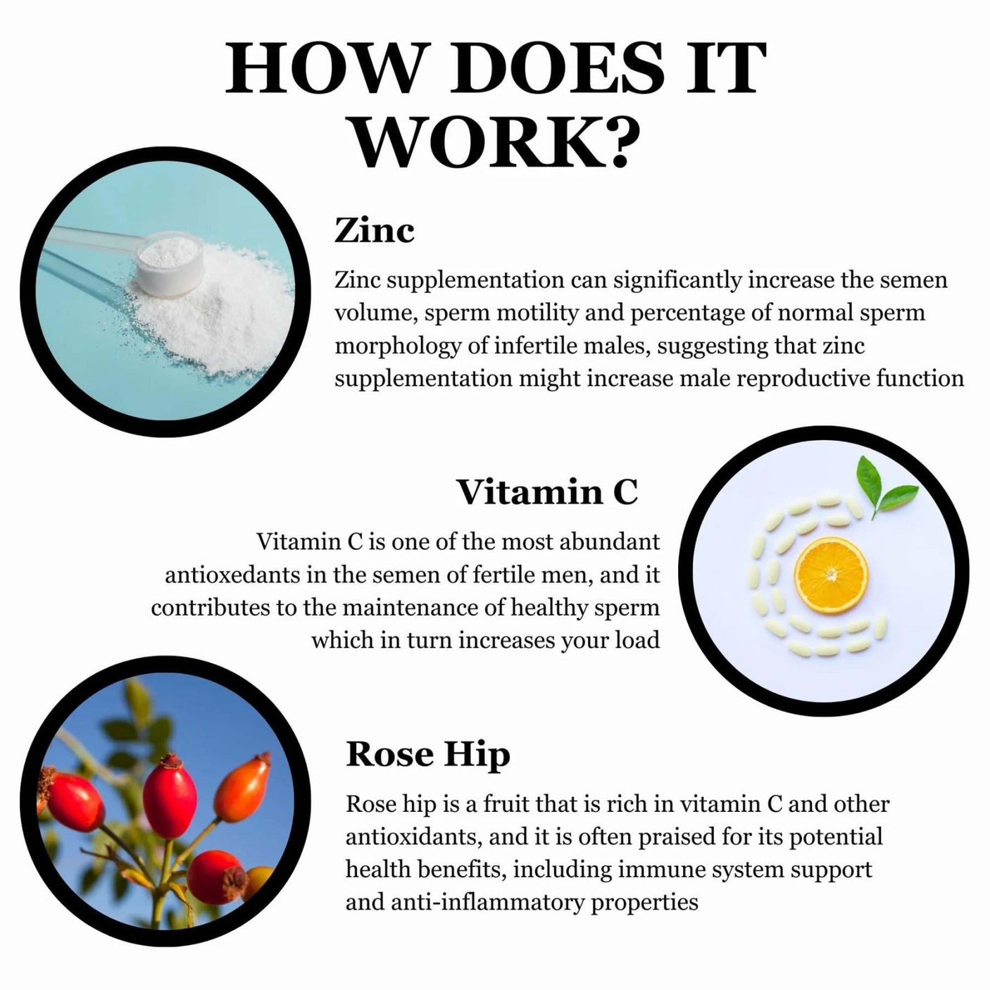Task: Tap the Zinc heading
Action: [x=374, y=231]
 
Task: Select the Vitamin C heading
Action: [x=548, y=491]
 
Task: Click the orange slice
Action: [x=831, y=575]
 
